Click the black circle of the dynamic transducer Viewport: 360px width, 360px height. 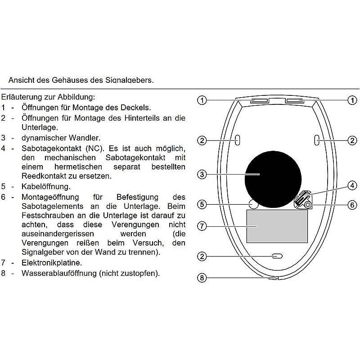point(273,174)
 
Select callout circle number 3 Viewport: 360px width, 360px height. point(202,174)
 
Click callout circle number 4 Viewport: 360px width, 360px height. point(352,185)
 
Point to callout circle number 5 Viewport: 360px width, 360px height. point(202,204)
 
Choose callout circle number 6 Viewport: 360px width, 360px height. point(352,204)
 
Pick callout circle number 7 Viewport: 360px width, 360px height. point(202,226)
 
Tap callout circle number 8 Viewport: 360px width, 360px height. point(202,278)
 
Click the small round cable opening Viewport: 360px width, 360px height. point(253,204)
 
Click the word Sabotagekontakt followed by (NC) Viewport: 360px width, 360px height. point(50,148)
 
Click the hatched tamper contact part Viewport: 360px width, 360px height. point(301,198)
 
